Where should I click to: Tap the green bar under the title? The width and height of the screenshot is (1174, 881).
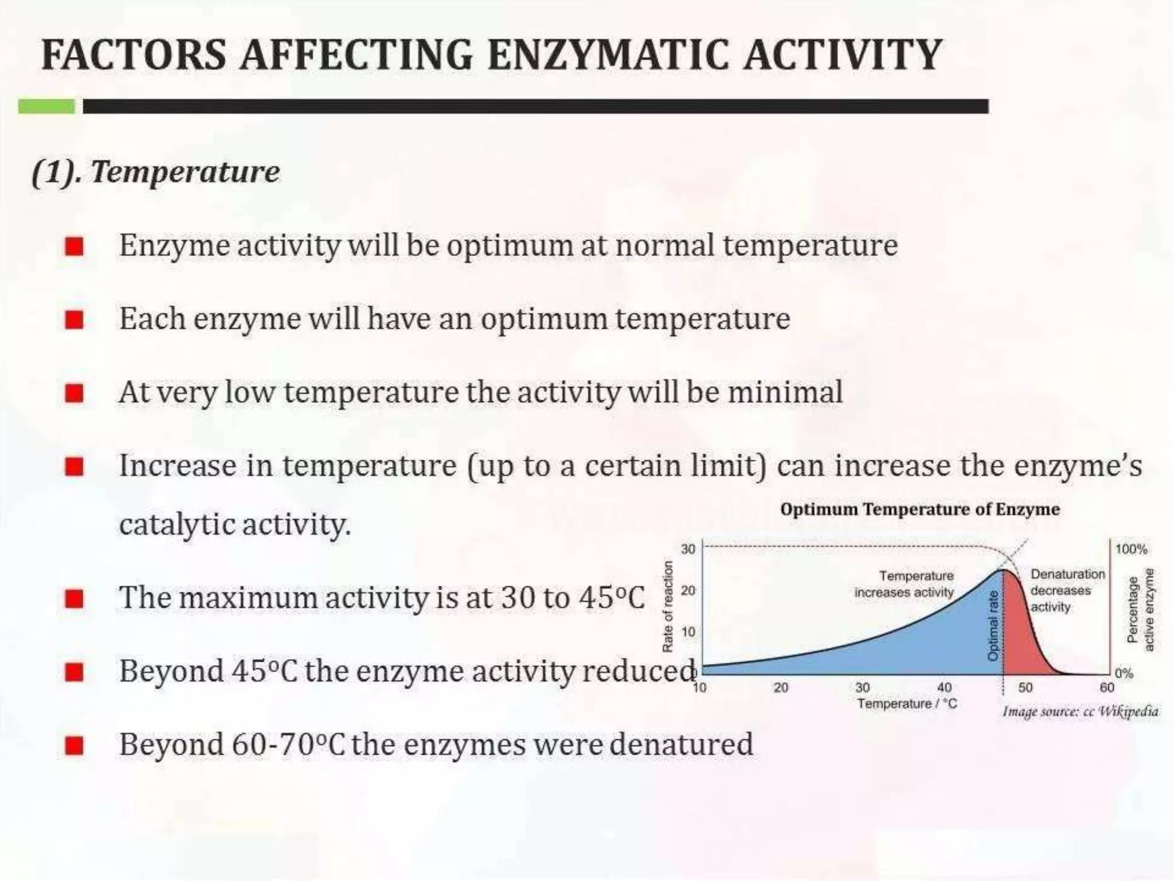(46, 106)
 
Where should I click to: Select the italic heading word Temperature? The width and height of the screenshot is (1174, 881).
(185, 171)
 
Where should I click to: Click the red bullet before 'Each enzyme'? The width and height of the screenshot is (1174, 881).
(75, 320)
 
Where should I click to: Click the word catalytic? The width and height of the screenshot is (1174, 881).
(174, 524)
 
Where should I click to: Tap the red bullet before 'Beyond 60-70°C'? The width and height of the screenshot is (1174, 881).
(75, 746)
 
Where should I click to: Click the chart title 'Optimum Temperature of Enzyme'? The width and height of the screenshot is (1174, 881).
(920, 509)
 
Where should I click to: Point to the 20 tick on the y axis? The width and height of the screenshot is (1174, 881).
(687, 590)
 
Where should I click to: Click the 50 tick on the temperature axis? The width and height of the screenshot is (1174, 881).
(1025, 688)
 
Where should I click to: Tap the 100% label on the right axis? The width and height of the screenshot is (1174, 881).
(1131, 549)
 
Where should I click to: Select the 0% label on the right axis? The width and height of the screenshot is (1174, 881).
(1124, 673)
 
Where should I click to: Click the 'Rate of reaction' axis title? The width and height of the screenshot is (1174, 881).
(667, 606)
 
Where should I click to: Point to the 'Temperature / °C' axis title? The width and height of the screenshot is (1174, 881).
(907, 704)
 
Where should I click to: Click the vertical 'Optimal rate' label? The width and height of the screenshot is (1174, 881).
(993, 625)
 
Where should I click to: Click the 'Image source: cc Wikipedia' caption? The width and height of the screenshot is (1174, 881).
(1080, 712)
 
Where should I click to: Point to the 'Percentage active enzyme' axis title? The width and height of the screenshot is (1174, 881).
(1140, 610)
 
